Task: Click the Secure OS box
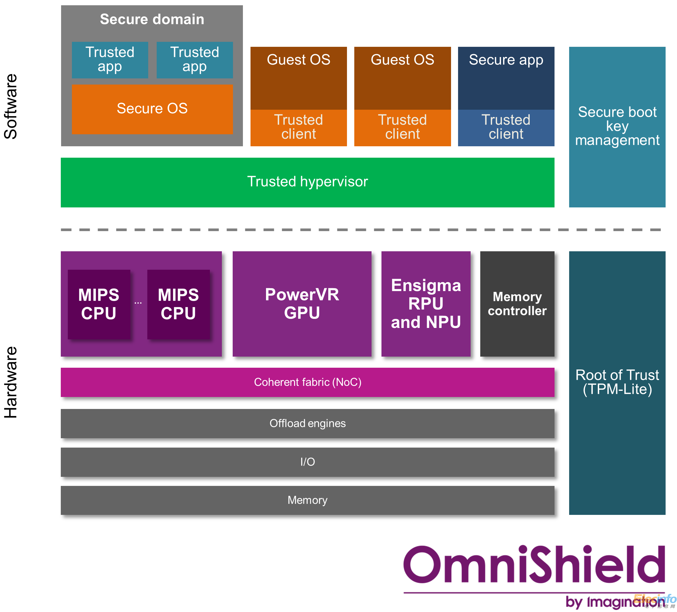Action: (152, 109)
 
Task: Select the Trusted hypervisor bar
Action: (307, 182)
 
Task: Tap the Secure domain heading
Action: (152, 19)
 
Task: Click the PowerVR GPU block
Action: (302, 303)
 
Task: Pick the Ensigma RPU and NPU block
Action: (426, 303)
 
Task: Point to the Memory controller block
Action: (517, 303)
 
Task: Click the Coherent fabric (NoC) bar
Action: (307, 382)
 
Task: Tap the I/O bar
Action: (307, 462)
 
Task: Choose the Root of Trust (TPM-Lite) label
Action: (617, 382)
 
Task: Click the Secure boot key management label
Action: (617, 126)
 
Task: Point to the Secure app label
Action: (506, 60)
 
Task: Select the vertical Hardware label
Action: (11, 382)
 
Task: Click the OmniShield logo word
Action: (534, 565)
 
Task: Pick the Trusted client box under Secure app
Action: (506, 127)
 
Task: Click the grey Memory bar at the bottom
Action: (307, 500)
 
